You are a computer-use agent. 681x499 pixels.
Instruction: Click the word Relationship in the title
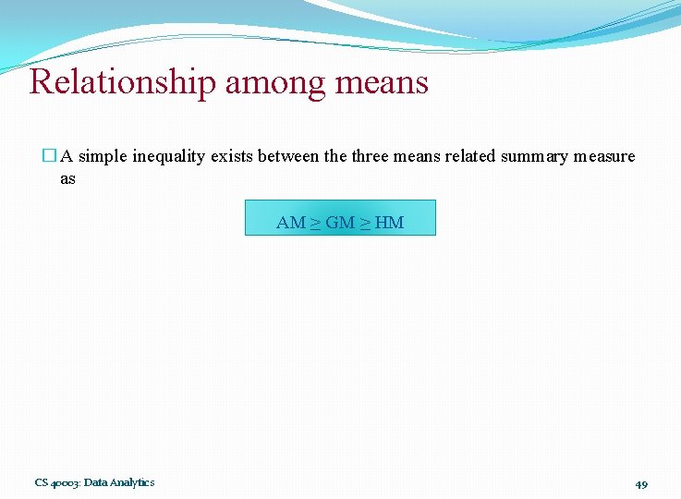pos(122,82)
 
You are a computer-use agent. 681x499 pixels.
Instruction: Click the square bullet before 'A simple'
pos(50,156)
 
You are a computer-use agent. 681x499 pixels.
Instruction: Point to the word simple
pos(103,156)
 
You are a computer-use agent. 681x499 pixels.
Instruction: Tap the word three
pos(370,156)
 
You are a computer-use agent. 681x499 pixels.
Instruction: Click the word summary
pos(534,156)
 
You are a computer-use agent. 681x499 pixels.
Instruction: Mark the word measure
pos(604,156)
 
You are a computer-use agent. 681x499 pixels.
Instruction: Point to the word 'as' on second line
pos(67,178)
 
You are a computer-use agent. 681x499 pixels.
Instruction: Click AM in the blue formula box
pos(290,223)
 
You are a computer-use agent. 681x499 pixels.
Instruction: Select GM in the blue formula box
pos(340,223)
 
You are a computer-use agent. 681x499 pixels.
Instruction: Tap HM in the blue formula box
pos(390,223)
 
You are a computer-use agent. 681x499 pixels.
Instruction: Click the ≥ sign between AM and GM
pos(315,223)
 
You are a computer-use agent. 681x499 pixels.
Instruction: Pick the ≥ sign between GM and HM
pos(366,223)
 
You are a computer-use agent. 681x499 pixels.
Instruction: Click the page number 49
pos(641,483)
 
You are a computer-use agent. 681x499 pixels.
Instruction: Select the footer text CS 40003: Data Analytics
pos(94,482)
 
